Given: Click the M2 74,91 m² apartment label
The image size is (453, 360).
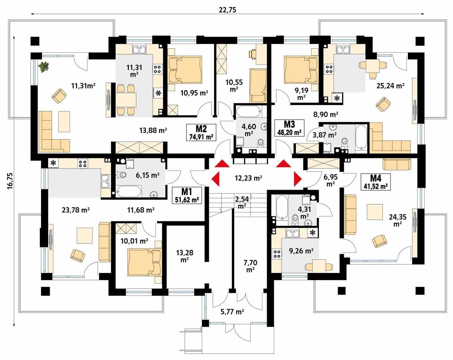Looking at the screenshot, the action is click(x=201, y=132).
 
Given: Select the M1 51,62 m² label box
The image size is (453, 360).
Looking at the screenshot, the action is click(x=187, y=195).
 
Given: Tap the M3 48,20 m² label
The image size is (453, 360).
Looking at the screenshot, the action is click(x=290, y=128).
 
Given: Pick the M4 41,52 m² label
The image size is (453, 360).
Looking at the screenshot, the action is click(x=376, y=182).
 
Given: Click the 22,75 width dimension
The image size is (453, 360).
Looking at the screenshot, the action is click(x=228, y=10).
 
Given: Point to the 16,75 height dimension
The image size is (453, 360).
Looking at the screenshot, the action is click(x=10, y=181).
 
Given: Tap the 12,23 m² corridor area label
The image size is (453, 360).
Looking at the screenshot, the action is click(x=249, y=178).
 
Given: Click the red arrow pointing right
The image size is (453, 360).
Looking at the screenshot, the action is click(x=298, y=179).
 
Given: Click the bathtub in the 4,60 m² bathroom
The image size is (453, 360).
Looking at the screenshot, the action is click(x=249, y=111).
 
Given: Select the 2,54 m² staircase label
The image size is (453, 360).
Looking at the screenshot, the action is click(x=242, y=202).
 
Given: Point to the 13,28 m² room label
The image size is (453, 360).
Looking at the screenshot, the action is click(x=184, y=256).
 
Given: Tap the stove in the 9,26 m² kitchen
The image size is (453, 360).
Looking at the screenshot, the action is click(x=277, y=254).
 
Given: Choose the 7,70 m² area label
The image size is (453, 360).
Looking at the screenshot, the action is click(x=250, y=266).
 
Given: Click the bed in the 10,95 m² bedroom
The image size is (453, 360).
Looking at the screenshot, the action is click(x=185, y=69).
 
